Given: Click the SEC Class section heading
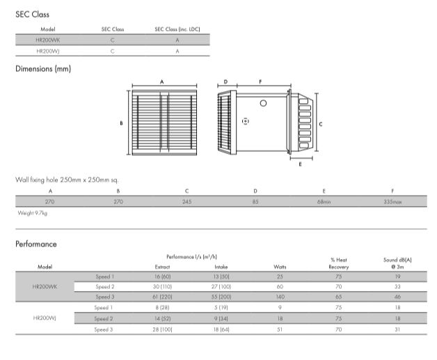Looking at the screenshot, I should point(33,14).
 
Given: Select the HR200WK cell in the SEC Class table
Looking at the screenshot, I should point(48,41).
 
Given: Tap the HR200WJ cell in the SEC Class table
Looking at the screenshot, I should point(48,52).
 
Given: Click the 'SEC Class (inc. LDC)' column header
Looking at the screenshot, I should point(177,30).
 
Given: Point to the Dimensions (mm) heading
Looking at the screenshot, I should point(43,69).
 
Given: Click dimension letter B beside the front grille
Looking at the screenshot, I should point(121,123).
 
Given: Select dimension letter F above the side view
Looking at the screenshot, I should point(260,82).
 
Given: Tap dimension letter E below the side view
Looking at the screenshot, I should point(300,166).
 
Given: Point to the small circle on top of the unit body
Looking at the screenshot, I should point(263,103).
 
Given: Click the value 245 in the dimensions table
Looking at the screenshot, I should point(186,202).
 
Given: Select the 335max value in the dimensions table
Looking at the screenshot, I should point(393,202).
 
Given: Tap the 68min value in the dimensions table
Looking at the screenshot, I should point(324,202).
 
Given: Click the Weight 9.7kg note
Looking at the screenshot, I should point(32,213).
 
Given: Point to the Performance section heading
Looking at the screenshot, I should point(36,244).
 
